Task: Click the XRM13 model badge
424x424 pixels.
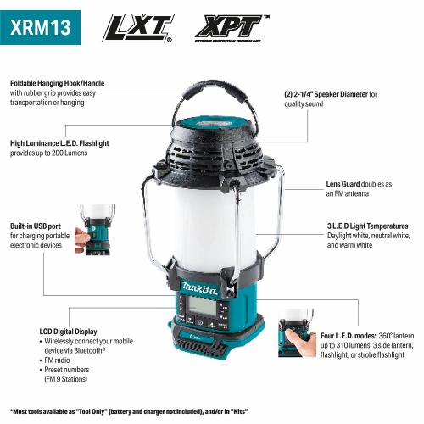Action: point(41,25)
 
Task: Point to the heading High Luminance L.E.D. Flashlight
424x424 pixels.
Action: point(70,142)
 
